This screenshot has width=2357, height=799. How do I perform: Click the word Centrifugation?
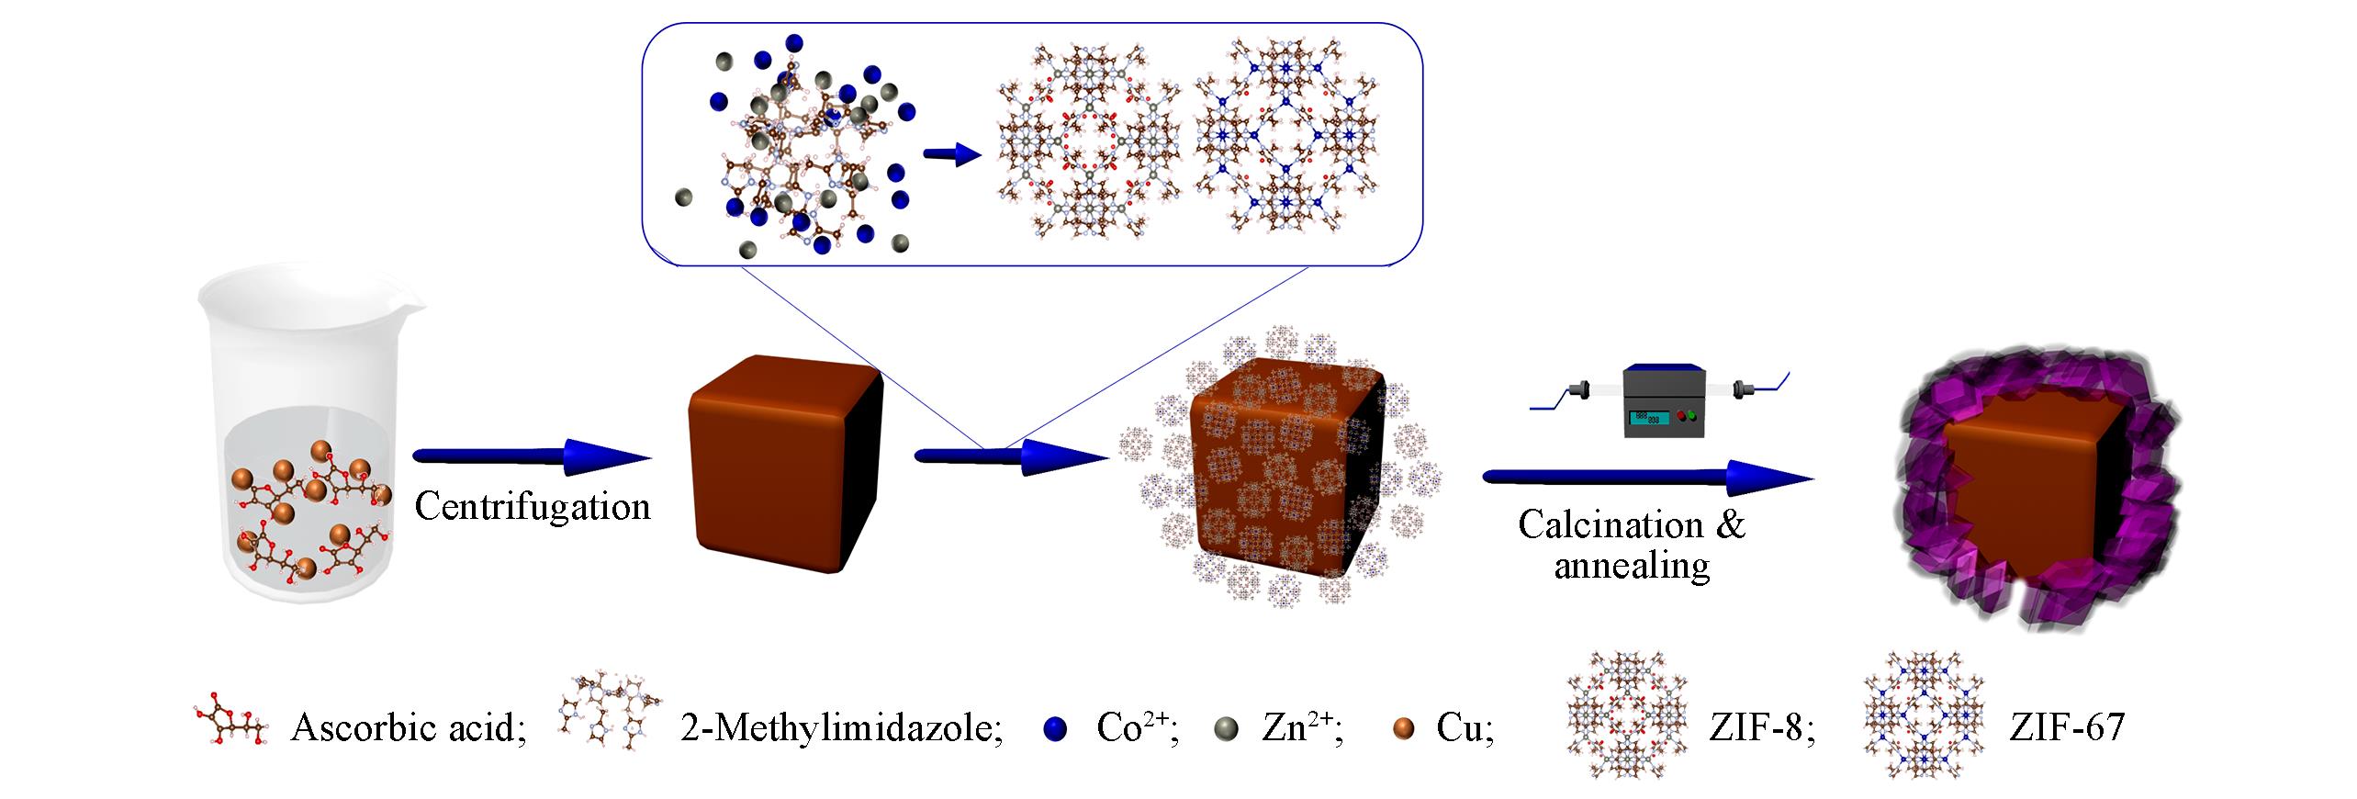click(532, 506)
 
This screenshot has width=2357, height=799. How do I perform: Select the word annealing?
click(1632, 566)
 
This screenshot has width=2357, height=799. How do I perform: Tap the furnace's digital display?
click(1648, 418)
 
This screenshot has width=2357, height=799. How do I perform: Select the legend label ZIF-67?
click(2066, 728)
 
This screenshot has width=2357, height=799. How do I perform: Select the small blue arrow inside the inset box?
click(952, 155)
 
